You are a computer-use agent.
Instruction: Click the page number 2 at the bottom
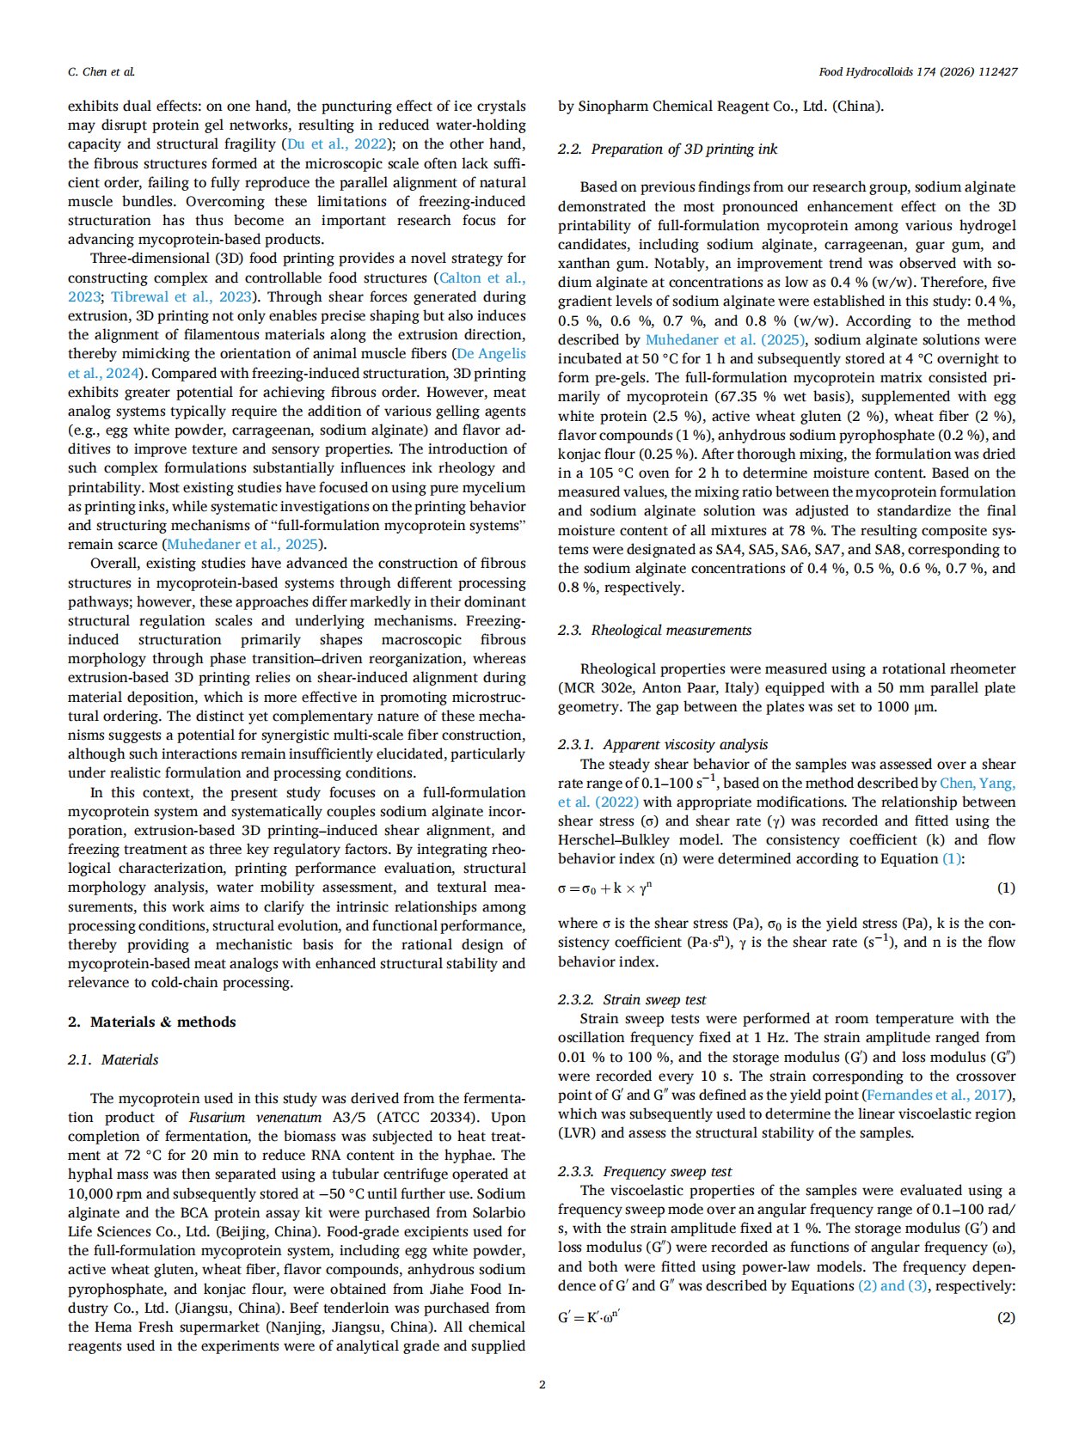(x=542, y=1383)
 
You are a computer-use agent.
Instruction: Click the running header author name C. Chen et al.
(x=101, y=72)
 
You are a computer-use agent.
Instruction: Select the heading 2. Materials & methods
(x=151, y=1022)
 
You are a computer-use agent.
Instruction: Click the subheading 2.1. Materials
(x=113, y=1059)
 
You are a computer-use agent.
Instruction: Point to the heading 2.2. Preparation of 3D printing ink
(x=667, y=149)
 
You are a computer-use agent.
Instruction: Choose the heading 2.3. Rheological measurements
(x=654, y=630)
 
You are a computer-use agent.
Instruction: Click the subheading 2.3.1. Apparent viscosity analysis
(x=663, y=744)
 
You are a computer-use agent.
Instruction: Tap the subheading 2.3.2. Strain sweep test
(x=632, y=999)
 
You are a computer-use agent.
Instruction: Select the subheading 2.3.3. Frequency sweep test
(x=645, y=1171)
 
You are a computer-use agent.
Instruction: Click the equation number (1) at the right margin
(x=1005, y=888)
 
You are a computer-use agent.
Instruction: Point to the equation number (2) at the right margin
(x=1005, y=1317)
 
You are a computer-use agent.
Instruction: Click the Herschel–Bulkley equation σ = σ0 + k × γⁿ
(x=604, y=888)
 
